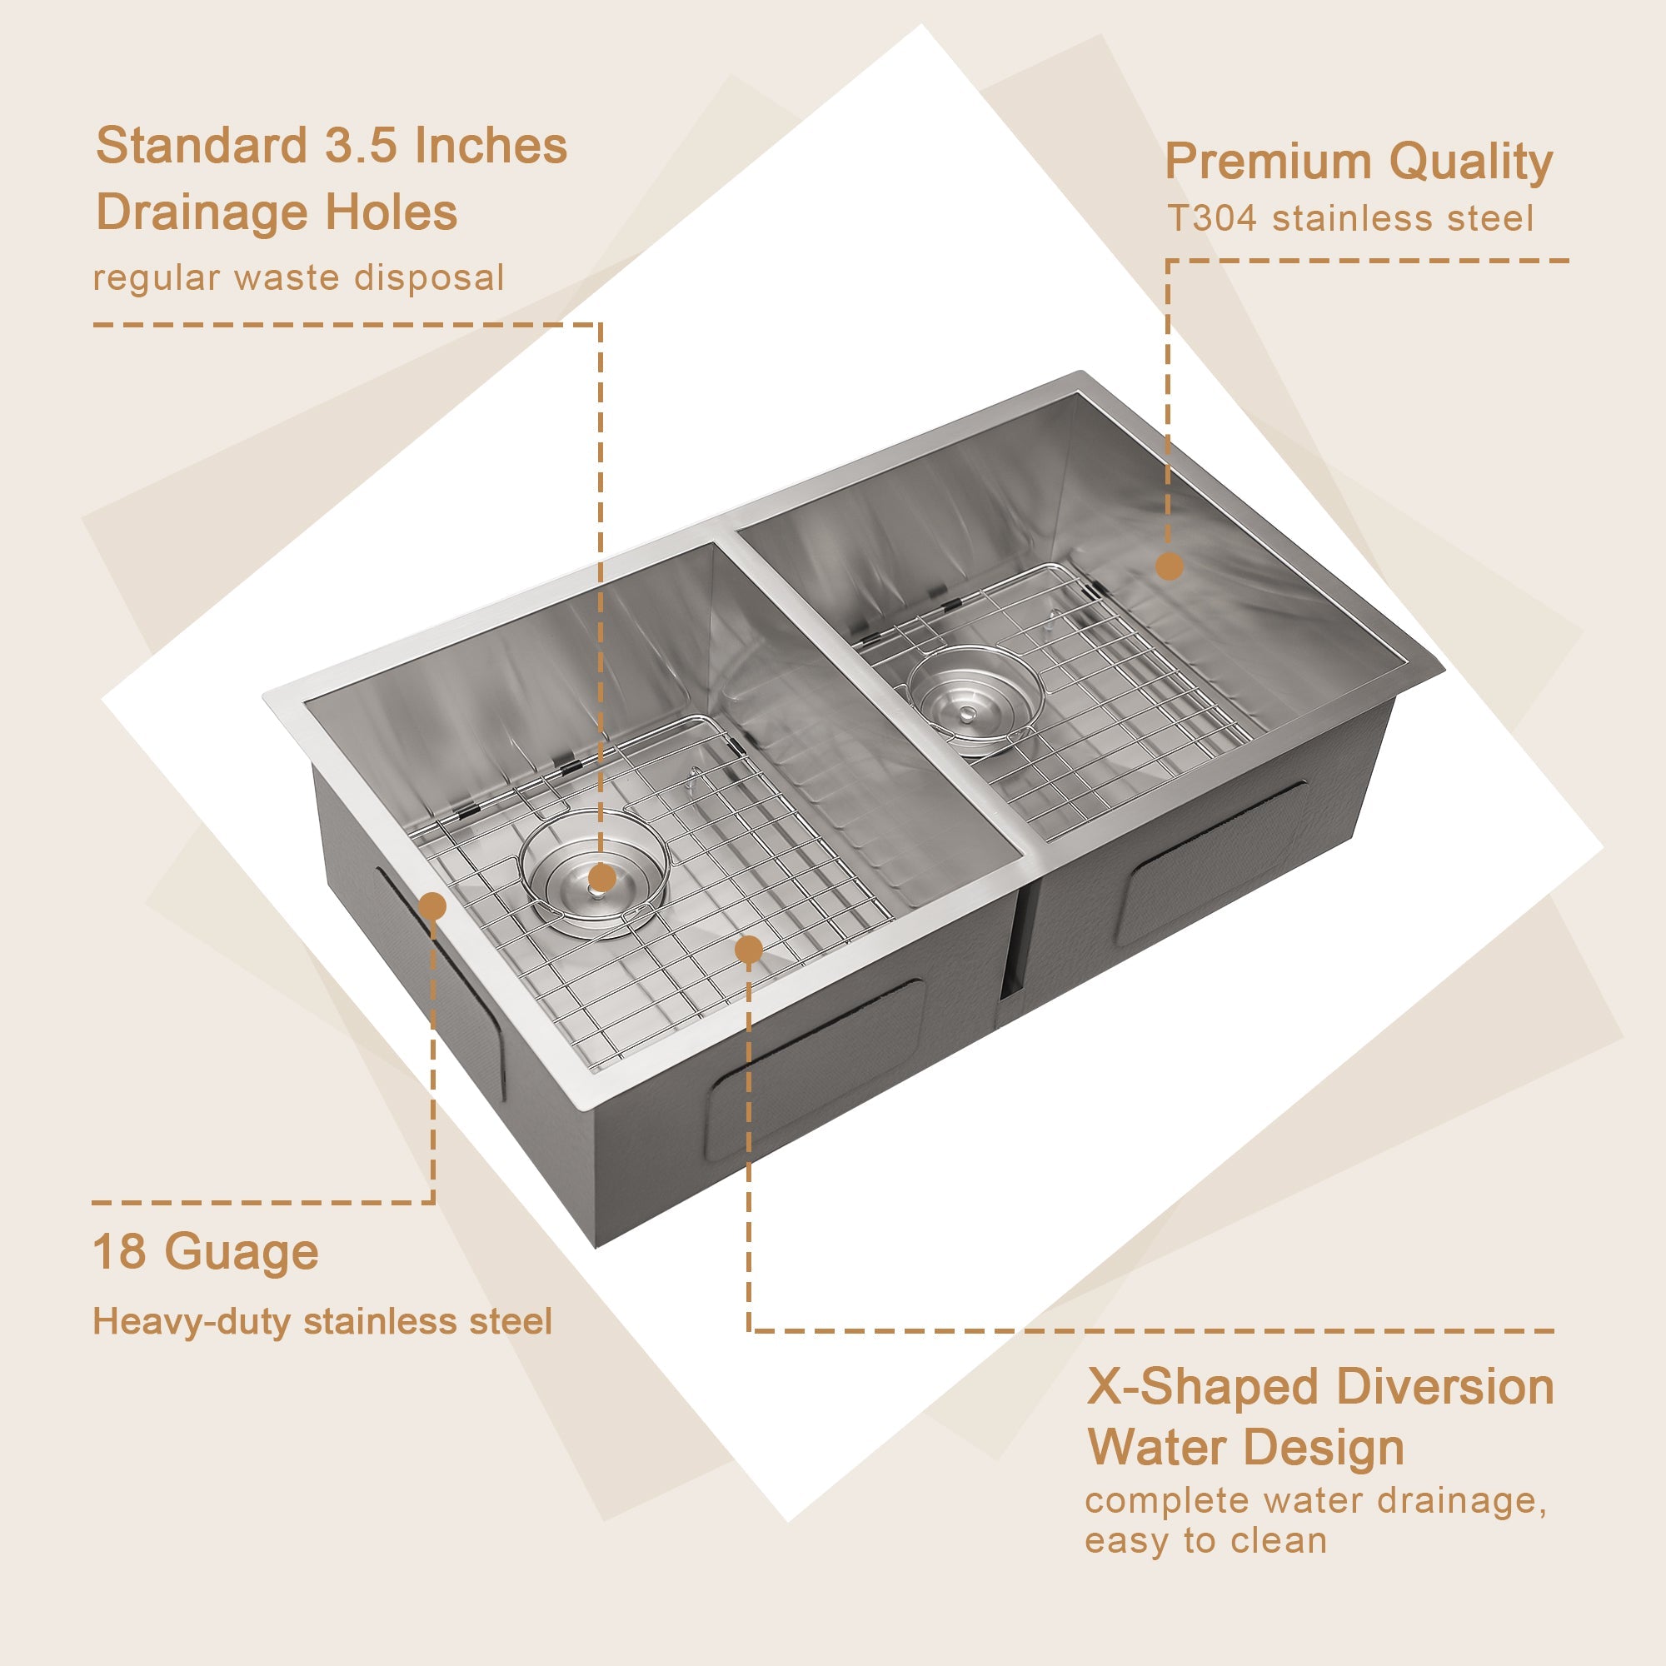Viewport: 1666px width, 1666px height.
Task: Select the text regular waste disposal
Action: click(x=297, y=277)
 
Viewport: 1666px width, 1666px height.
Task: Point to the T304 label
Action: click(x=1210, y=218)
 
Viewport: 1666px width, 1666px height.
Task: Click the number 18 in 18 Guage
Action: click(x=119, y=1251)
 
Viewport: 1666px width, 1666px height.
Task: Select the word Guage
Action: click(x=242, y=1253)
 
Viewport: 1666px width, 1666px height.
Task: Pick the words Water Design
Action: click(x=1245, y=1447)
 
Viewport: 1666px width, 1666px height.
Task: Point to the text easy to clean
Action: click(x=1205, y=1540)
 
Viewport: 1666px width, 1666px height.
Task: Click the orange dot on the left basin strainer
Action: click(x=601, y=879)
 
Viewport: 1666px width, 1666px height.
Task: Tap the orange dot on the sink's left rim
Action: click(x=432, y=906)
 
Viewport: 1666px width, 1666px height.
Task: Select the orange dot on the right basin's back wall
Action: click(x=1169, y=566)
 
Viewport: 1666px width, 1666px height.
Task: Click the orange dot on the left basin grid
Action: click(x=749, y=950)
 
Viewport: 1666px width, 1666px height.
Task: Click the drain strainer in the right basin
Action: click(x=975, y=701)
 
